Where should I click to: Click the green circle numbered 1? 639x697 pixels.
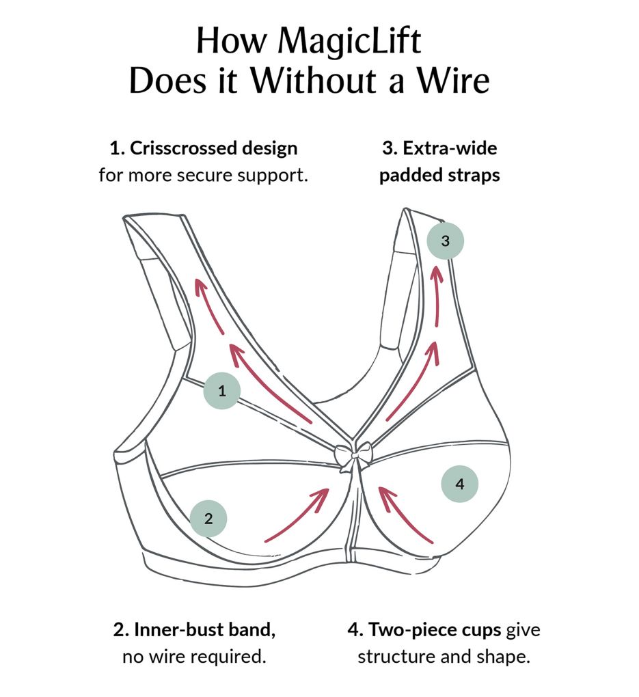[221, 392]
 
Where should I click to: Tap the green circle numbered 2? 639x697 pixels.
[208, 518]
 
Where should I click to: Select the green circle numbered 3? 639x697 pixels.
[445, 241]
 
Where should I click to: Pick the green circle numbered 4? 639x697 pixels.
[459, 484]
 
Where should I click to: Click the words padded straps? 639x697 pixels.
[439, 175]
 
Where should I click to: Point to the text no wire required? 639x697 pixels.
[194, 657]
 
